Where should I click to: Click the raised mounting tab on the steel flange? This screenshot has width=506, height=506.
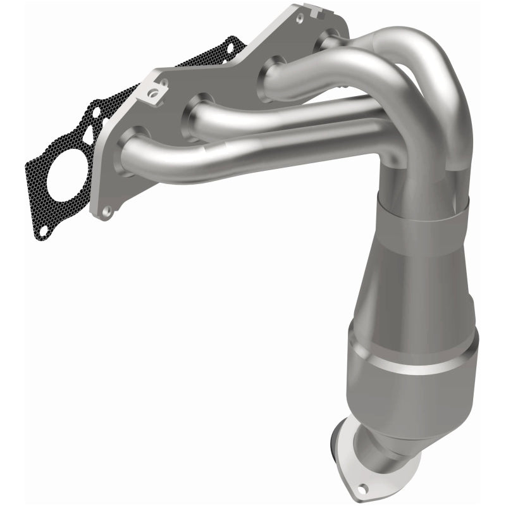(152, 95)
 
